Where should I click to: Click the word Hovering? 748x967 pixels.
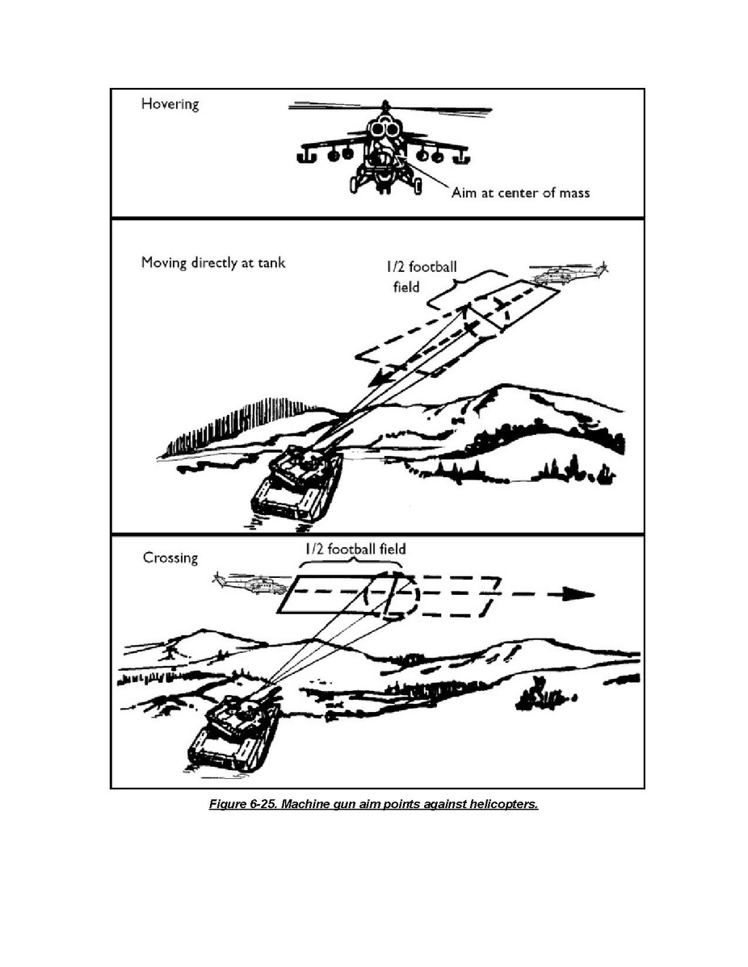point(170,104)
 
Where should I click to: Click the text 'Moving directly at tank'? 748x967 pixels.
point(213,262)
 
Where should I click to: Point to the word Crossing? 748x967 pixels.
point(170,558)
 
